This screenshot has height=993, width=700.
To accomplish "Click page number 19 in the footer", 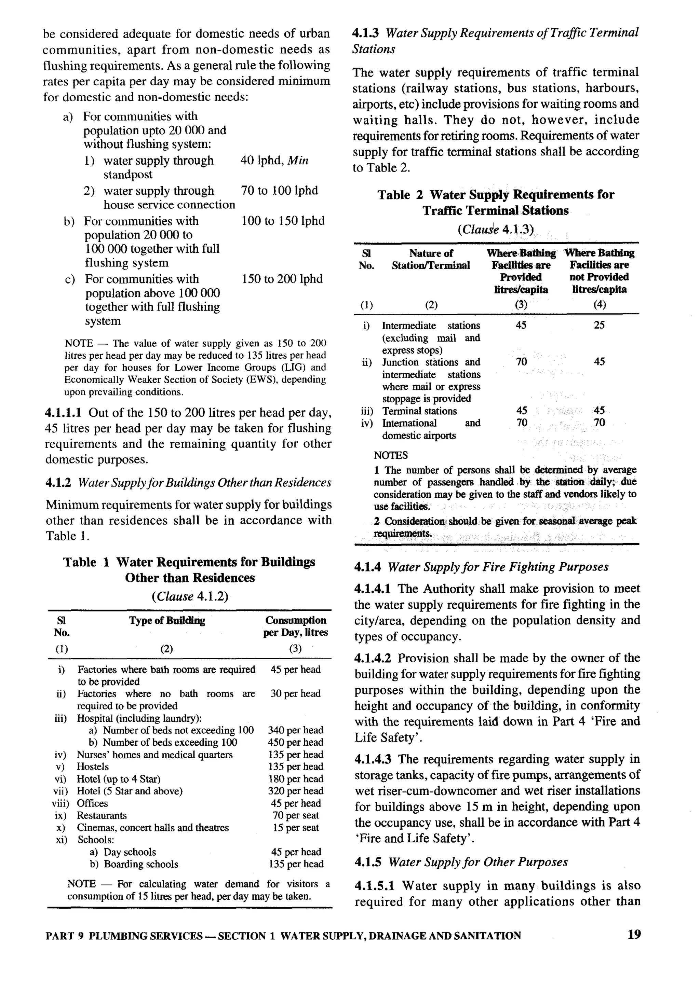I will pos(633,935).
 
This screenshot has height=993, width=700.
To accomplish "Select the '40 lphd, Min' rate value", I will pos(274,161).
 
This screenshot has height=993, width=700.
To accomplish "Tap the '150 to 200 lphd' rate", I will pos(282,279).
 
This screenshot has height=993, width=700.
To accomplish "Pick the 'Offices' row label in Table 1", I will pos(92,803).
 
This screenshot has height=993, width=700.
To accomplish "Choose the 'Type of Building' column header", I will pos(167,621).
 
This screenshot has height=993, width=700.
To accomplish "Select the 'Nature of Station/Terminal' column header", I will pos(430,259).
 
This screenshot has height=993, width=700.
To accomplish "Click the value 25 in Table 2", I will pos(599,325).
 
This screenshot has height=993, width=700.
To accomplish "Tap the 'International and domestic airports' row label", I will pos(430,429).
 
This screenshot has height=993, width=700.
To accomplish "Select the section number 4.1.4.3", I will pos(373,759).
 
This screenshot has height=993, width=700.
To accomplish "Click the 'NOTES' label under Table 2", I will pos(390,455).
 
